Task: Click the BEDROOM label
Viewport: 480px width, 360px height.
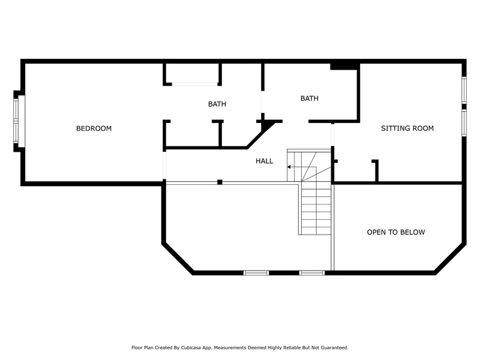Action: [x=94, y=128]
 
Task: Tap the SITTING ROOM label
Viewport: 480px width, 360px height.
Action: [x=407, y=128]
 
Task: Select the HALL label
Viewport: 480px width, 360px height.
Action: [x=264, y=161]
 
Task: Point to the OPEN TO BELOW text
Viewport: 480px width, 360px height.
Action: [x=396, y=232]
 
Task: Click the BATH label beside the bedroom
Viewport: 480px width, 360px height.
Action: [x=217, y=104]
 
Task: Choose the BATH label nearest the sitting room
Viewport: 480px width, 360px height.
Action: [x=309, y=98]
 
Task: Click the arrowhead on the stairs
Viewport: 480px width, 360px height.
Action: [x=289, y=167]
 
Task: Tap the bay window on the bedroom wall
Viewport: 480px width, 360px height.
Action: [x=19, y=121]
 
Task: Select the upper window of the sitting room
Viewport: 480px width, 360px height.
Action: [x=464, y=89]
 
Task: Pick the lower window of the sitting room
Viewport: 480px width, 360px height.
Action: [x=464, y=123]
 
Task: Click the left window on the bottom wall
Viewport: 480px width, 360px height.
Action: [x=256, y=273]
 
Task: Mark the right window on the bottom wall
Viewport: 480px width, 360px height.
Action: [x=312, y=273]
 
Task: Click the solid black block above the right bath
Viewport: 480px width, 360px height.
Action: [x=344, y=66]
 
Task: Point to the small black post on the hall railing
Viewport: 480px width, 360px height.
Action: [x=220, y=182]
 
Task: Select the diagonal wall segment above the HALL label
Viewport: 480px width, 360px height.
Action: [x=261, y=134]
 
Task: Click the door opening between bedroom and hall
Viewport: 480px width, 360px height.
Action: [x=164, y=166]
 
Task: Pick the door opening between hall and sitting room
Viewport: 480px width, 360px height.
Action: [x=332, y=134]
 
